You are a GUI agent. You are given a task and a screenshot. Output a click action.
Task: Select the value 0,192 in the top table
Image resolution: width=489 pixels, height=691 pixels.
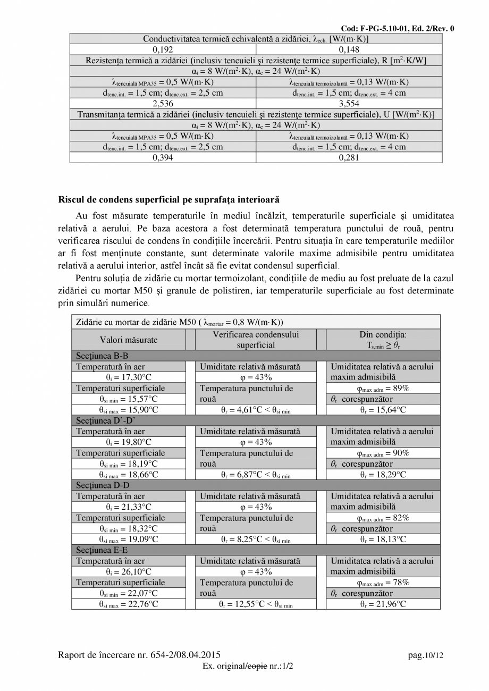point(163,49)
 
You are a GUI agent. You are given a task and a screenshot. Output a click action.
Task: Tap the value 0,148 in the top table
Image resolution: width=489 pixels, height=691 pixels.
point(349,49)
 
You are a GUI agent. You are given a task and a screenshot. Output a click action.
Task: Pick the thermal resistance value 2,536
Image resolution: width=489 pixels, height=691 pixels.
point(163,104)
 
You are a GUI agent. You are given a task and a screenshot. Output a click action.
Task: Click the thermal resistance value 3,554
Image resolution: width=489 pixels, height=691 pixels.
point(349,104)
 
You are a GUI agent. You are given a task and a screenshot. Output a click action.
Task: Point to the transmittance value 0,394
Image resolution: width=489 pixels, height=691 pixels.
point(163,157)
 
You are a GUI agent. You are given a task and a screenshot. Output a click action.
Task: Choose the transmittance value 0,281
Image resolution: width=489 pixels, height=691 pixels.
point(349,157)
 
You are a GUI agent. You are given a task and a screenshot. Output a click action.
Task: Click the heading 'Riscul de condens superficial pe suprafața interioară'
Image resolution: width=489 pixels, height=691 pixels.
point(168,200)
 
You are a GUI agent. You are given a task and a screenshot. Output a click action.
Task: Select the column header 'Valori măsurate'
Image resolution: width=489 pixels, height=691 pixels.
point(128,340)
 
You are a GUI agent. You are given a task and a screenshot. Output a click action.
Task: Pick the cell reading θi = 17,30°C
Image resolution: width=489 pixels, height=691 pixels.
point(128,377)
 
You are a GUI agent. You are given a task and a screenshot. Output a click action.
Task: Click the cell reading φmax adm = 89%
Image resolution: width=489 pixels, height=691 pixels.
point(383,388)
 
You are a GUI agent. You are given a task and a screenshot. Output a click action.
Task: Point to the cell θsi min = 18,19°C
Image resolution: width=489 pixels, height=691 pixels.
point(128,464)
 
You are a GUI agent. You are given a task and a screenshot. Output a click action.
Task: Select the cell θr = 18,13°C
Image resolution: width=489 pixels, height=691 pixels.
point(383,539)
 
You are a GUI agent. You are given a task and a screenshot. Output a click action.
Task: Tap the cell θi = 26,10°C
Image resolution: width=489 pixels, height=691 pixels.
point(128,572)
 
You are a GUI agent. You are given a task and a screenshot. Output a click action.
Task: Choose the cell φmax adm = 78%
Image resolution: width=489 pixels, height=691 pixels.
point(383,583)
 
